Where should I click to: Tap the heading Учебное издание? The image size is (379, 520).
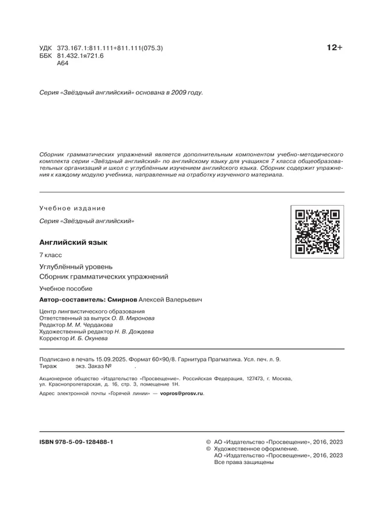(x=72, y=208)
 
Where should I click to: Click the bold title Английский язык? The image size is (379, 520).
(x=73, y=242)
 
